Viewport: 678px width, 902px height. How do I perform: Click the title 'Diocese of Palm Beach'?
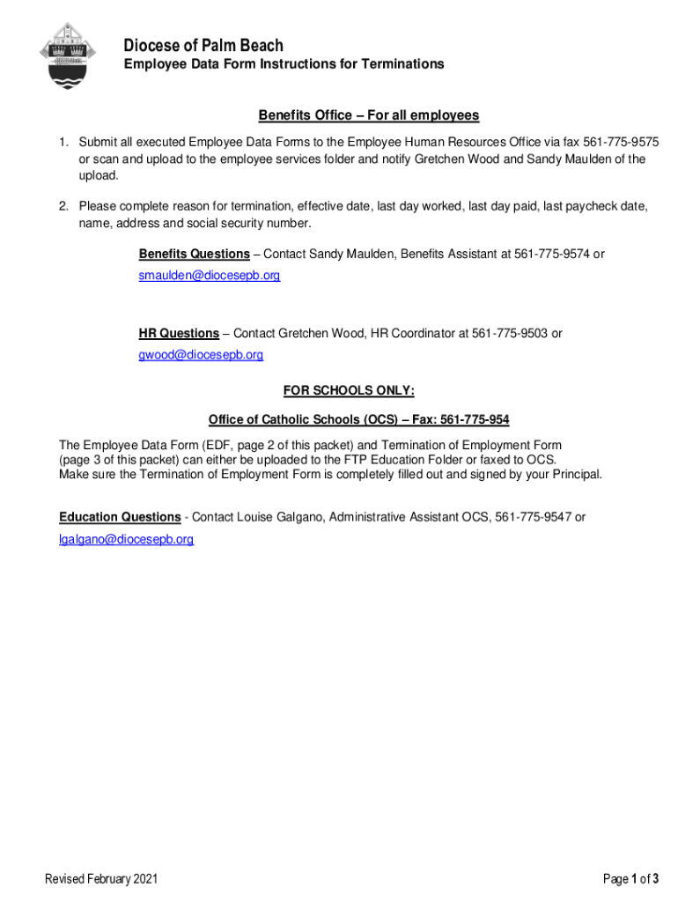(203, 45)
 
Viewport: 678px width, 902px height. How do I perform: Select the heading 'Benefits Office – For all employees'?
(368, 115)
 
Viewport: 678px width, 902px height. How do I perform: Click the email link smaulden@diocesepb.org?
(210, 275)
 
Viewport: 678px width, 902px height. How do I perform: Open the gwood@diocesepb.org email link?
(201, 354)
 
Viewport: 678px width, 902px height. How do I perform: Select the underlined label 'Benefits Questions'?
(194, 254)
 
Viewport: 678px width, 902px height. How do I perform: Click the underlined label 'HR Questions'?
(179, 333)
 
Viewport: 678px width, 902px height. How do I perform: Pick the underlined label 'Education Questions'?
(121, 517)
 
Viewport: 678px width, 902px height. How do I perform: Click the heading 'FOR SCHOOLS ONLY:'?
(348, 390)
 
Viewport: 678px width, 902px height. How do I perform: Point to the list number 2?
(63, 206)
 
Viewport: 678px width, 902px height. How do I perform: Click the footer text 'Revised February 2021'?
(102, 878)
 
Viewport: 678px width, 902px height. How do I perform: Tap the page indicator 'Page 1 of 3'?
(630, 878)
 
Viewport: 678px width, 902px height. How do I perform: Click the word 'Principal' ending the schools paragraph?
(575, 474)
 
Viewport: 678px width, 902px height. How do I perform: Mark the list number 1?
(63, 143)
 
